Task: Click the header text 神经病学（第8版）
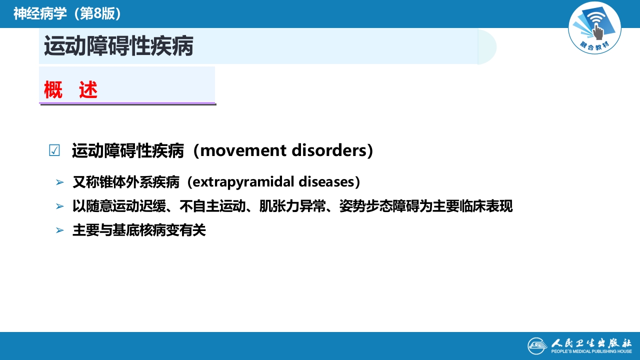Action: click(x=67, y=14)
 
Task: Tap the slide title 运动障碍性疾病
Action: click(x=118, y=46)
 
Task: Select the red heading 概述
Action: click(x=70, y=90)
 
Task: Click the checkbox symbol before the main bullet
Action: click(x=54, y=150)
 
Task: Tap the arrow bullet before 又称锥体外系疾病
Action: click(x=60, y=182)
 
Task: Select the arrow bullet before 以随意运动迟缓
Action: click(x=60, y=206)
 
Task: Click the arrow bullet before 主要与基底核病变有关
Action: click(x=60, y=230)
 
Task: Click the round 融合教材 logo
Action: click(x=594, y=28)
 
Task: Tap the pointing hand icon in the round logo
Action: click(x=597, y=31)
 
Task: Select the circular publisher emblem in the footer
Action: click(x=537, y=346)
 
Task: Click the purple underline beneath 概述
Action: click(x=127, y=103)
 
